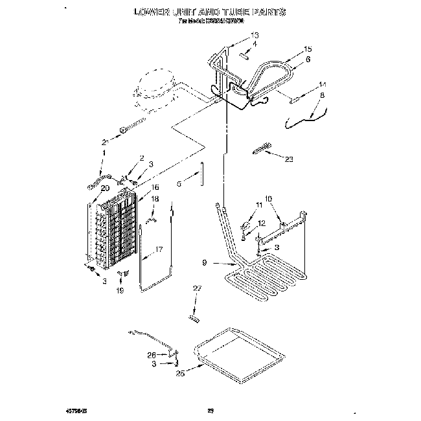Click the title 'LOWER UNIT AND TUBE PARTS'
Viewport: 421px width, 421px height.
pyautogui.click(x=210, y=12)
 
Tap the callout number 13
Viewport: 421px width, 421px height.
pyautogui.click(x=255, y=35)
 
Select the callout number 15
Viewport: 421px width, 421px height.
pyautogui.click(x=308, y=49)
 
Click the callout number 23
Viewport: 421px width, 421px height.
pyautogui.click(x=290, y=159)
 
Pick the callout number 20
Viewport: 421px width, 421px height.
pyautogui.click(x=104, y=188)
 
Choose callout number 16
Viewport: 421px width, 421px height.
pyautogui.click(x=155, y=187)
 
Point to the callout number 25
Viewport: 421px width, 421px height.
pyautogui.click(x=180, y=373)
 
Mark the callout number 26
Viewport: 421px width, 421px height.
pyautogui.click(x=151, y=354)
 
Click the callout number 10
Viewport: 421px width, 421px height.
pyautogui.click(x=268, y=199)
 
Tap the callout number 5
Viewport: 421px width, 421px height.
pyautogui.click(x=179, y=183)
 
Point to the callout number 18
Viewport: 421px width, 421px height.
pyautogui.click(x=154, y=199)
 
